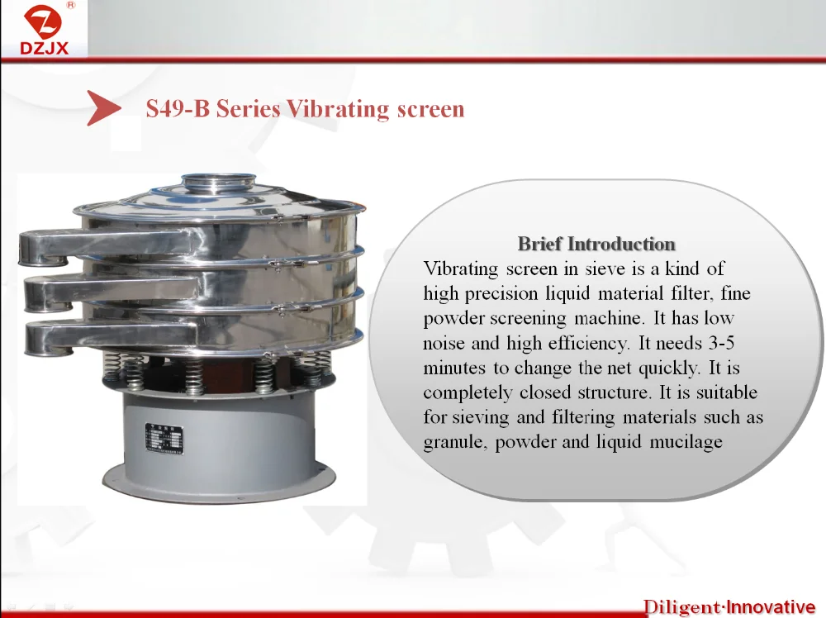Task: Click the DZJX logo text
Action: [x=45, y=48]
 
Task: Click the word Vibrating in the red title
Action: [x=337, y=110]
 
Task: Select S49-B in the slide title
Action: [x=178, y=108]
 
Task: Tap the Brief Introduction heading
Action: [x=596, y=244]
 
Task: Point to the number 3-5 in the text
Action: [x=721, y=343]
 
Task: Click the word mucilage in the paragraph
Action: [x=686, y=442]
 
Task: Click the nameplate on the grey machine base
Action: [x=164, y=439]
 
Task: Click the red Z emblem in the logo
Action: [x=43, y=21]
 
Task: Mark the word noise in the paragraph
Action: [x=444, y=344]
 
